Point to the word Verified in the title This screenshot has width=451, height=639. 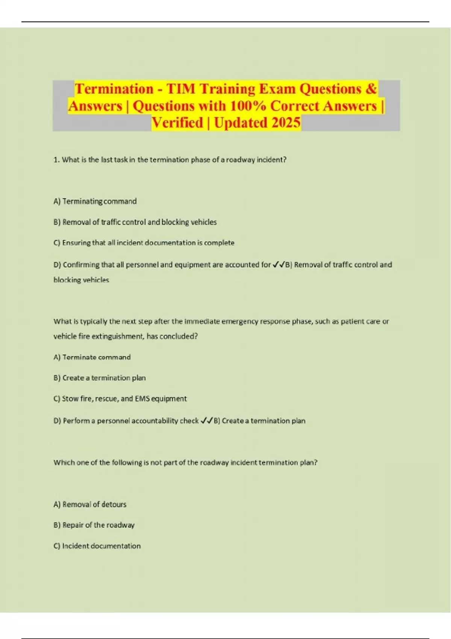(177, 123)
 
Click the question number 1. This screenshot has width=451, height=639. (56, 160)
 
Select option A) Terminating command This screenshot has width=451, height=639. (95, 201)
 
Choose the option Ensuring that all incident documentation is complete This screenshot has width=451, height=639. (144, 243)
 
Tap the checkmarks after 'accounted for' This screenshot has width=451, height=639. (279, 265)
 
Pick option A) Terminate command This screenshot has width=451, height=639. (92, 357)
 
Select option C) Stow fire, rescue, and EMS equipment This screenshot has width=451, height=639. (120, 399)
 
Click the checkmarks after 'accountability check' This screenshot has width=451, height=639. (207, 421)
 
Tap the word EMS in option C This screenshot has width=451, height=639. (142, 399)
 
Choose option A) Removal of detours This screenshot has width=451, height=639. (90, 504)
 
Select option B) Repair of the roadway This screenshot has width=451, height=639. (94, 525)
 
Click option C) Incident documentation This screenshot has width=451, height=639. (97, 546)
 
